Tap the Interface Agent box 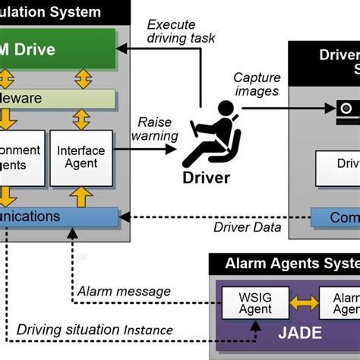click(x=81, y=158)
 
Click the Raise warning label click(x=155, y=128)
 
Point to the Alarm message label click(x=124, y=291)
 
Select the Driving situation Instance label click(x=95, y=330)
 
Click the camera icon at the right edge click(x=349, y=111)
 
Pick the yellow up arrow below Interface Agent click(x=81, y=197)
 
